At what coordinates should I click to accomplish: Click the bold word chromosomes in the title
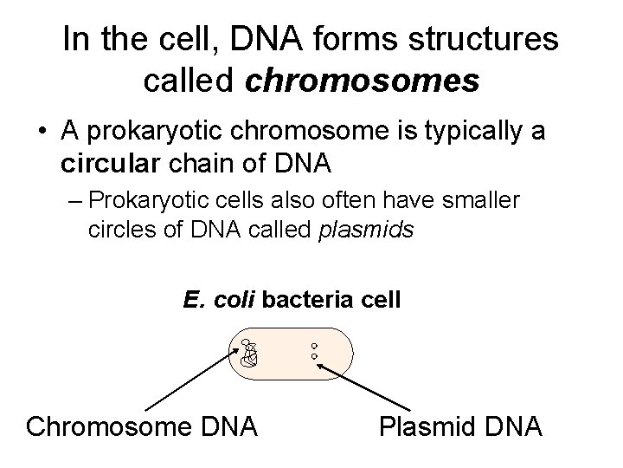point(362,81)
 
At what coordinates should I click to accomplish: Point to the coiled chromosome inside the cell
point(250,355)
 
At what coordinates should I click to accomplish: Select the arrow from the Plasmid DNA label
point(363,387)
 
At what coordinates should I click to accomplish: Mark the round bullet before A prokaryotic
point(42,133)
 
